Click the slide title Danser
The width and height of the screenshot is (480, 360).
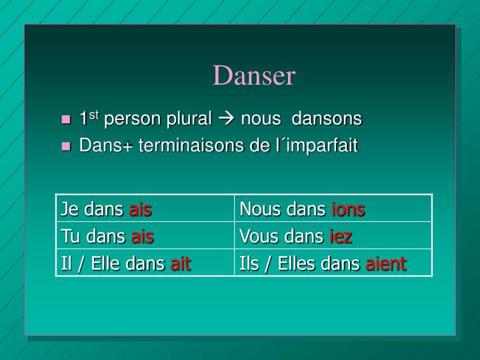tap(253, 76)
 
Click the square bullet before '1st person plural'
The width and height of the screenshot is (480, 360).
tap(65, 120)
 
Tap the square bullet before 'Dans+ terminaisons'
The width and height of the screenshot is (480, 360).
tap(65, 147)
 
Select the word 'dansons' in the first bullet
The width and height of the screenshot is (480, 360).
tap(327, 119)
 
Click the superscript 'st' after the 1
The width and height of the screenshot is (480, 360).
tap(94, 115)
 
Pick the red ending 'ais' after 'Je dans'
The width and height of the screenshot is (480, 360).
tap(141, 210)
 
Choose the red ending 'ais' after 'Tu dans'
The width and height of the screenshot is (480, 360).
tap(143, 237)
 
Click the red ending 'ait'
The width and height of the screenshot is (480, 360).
tap(181, 263)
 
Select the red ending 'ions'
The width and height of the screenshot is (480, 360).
tap(348, 210)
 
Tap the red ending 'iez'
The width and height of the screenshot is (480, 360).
tap(341, 237)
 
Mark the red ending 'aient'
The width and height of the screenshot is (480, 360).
tap(386, 263)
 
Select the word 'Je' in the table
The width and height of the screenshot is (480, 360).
tap(69, 210)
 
